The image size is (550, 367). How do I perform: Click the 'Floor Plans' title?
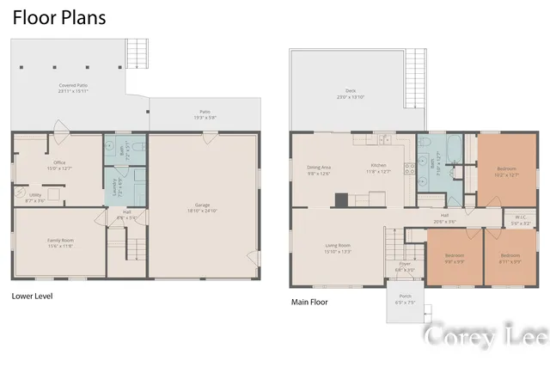point(59,17)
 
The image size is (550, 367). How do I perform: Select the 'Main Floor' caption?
point(310,302)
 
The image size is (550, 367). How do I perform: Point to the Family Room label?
point(60,242)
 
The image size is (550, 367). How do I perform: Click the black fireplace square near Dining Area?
point(341,201)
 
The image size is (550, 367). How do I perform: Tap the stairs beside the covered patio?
point(137,54)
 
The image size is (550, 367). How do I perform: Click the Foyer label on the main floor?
point(404,266)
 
